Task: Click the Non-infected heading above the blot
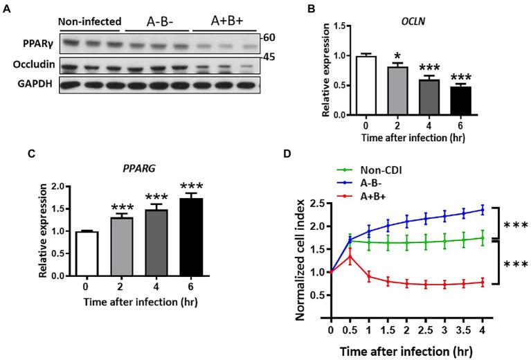[89, 21]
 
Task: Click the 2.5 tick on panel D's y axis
[320, 203]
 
